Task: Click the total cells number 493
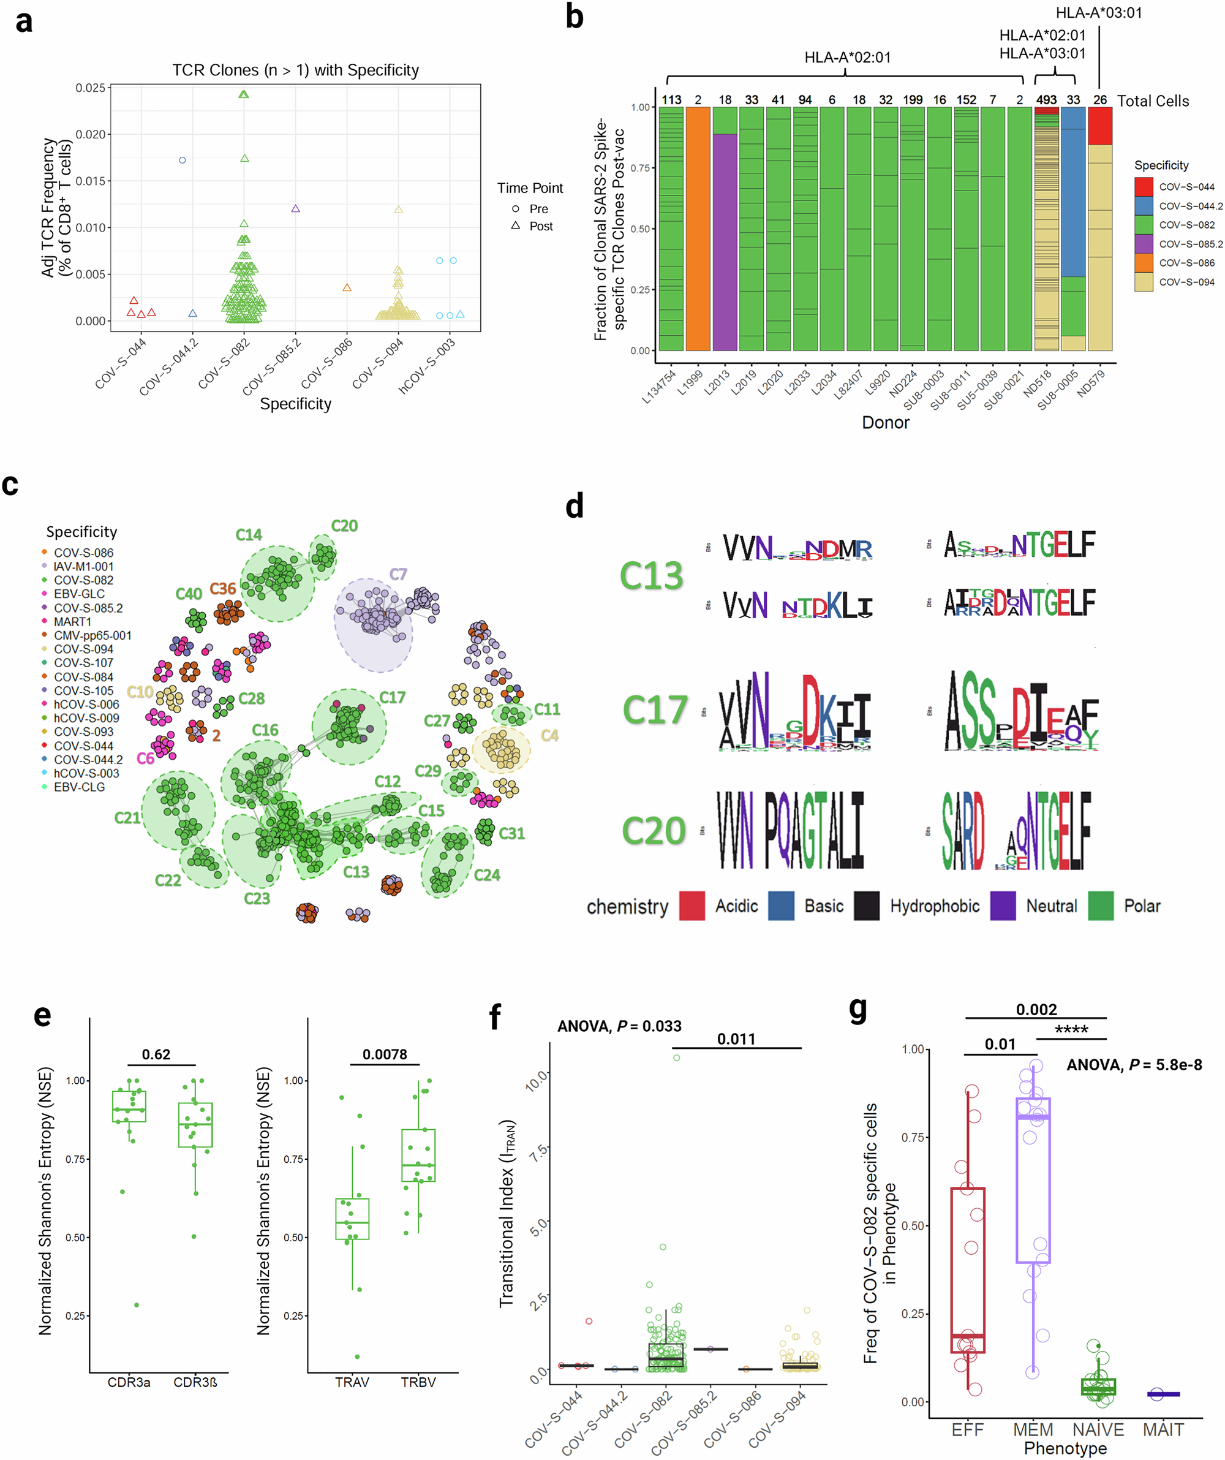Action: tap(1046, 100)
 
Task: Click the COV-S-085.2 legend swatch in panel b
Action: tap(1143, 244)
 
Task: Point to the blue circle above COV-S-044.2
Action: tap(182, 160)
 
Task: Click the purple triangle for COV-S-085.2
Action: tap(295, 208)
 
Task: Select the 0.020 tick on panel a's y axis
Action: tap(91, 134)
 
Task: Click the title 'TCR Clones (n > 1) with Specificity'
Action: tap(295, 70)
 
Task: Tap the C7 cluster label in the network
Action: tap(398, 574)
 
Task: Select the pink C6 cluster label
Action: tap(145, 758)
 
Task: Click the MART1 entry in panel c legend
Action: tap(72, 621)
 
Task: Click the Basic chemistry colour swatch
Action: tap(781, 906)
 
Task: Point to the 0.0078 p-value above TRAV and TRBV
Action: tap(385, 1054)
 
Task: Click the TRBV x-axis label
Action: tap(418, 1382)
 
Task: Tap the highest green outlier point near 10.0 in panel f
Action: tap(676, 1057)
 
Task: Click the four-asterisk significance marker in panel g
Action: tap(1071, 1029)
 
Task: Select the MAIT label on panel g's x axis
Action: tap(1163, 1429)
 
